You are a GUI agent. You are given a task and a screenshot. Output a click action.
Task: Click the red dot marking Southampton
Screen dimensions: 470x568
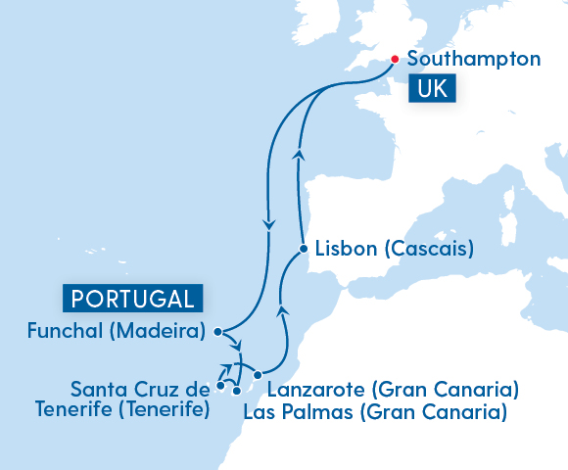395,59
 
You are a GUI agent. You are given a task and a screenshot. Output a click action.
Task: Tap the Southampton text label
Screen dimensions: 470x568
473,59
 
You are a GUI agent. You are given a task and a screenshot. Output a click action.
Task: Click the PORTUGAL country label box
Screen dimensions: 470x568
132,298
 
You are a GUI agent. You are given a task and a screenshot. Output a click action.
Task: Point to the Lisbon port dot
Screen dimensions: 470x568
306,249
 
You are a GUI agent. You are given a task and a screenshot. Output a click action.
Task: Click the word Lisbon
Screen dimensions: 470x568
347,249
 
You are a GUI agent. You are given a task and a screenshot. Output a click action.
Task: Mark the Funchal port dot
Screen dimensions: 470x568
216,331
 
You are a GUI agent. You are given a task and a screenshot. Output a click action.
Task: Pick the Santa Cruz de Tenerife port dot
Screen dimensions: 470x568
220,387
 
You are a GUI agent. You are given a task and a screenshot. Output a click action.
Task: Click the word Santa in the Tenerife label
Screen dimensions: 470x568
98,390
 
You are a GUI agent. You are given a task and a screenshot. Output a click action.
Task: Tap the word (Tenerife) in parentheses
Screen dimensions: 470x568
163,409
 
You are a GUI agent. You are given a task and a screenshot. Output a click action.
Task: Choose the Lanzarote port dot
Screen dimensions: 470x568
258,375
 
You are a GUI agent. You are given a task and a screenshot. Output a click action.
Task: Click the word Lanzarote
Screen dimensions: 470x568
312,391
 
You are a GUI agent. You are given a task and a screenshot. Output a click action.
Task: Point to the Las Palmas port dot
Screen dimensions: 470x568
237,391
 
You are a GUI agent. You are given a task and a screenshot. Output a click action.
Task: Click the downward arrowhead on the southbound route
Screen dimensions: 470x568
267,225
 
